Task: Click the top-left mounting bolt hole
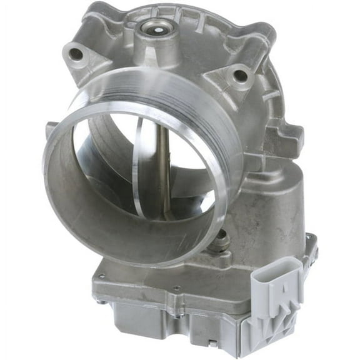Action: [76, 54]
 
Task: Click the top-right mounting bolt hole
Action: [239, 77]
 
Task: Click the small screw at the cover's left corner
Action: [101, 302]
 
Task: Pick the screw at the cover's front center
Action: [177, 289]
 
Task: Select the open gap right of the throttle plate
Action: [187, 181]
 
